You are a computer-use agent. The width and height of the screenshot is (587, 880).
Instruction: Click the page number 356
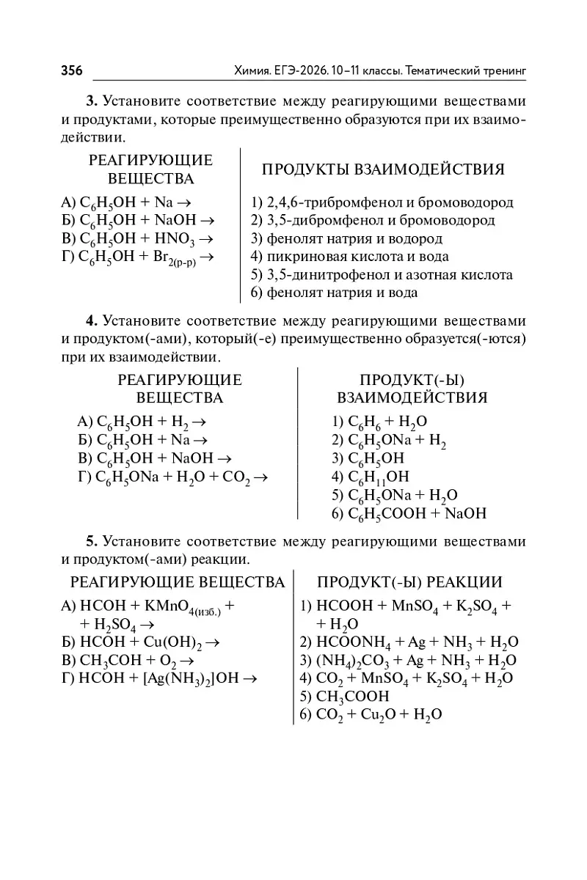[x=72, y=70]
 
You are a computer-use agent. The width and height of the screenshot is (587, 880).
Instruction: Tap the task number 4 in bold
[x=92, y=320]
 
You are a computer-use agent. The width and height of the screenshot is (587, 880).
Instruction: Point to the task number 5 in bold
[x=92, y=541]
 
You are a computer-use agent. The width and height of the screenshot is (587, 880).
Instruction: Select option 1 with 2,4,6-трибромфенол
[x=382, y=202]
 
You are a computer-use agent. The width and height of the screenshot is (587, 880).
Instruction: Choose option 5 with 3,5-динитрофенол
[x=382, y=275]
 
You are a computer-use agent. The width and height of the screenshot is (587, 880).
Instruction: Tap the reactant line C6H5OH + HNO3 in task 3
[x=137, y=239]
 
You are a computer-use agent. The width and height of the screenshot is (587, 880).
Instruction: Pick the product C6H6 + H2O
[x=379, y=422]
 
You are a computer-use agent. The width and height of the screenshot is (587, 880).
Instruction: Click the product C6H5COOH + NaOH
[x=409, y=514]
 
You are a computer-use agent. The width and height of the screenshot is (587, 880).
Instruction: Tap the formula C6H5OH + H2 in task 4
[x=141, y=422]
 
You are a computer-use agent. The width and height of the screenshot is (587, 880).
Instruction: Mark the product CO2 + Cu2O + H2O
[x=371, y=714]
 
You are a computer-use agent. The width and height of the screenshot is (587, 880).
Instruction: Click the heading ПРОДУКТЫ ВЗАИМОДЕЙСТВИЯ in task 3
[x=383, y=170]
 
